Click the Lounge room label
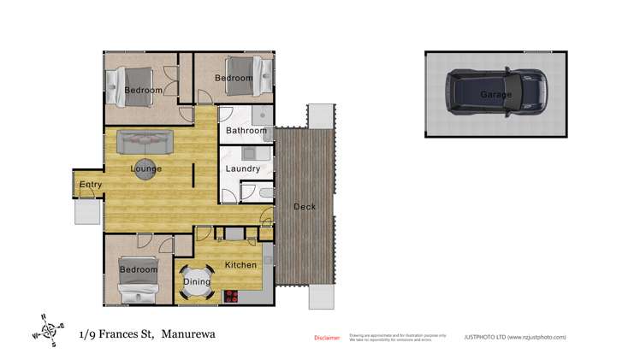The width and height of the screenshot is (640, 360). click(x=146, y=168)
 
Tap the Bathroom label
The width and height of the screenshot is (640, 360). click(x=246, y=132)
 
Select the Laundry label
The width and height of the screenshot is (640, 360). click(x=243, y=168)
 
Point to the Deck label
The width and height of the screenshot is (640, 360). click(x=305, y=207)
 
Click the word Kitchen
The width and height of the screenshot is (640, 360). click(x=240, y=265)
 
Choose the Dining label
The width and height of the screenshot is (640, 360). click(x=197, y=281)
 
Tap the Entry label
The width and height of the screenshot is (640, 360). click(x=90, y=186)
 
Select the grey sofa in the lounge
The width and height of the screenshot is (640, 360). click(x=145, y=141)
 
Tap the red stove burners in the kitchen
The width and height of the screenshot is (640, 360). click(x=230, y=296)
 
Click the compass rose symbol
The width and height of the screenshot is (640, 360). click(x=48, y=329)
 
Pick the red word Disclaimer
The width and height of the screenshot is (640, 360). click(x=327, y=338)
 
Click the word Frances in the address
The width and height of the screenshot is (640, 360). click(x=127, y=334)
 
